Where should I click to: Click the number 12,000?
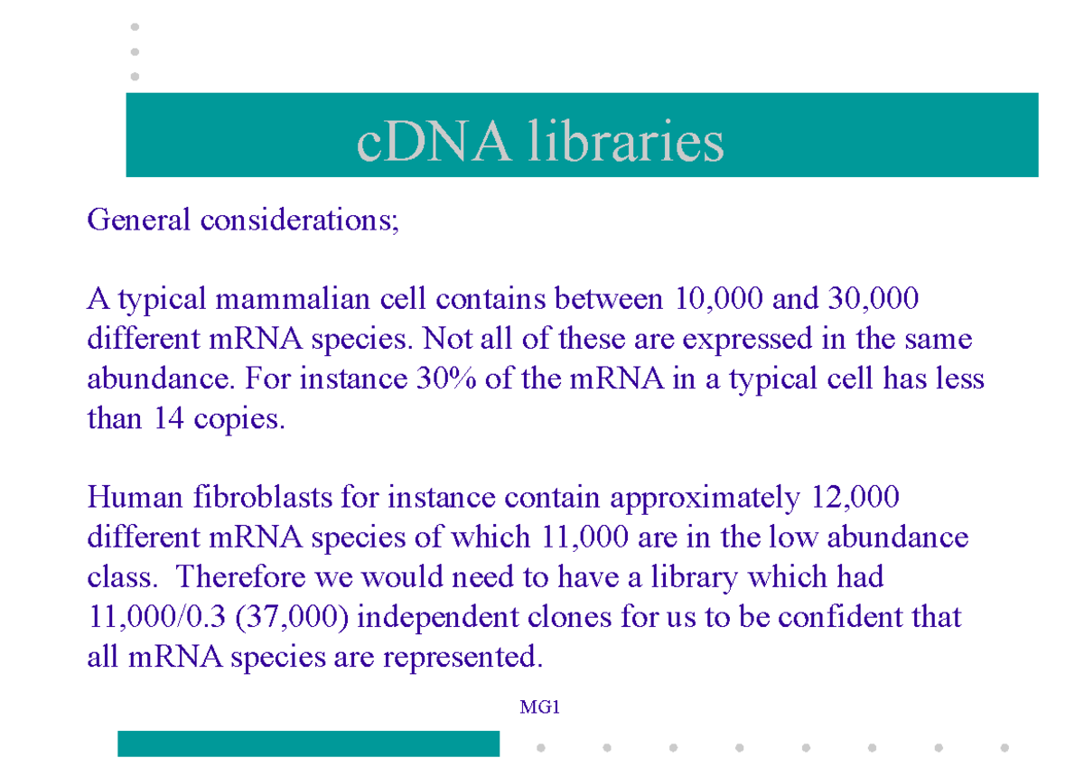click(850, 497)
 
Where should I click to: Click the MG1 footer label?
click(540, 707)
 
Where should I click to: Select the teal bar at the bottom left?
click(308, 744)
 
